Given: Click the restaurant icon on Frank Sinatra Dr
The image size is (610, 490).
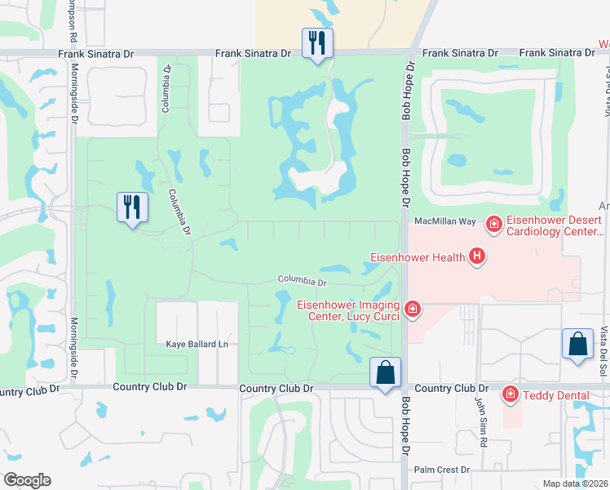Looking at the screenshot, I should [317, 42].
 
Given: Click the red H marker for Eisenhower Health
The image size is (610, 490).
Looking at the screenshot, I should [478, 256].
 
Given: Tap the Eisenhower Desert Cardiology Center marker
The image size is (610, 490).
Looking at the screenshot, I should [493, 223].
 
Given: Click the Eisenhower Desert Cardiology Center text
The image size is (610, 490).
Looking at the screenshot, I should [554, 226].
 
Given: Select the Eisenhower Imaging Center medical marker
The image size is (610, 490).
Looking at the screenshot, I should [413, 309].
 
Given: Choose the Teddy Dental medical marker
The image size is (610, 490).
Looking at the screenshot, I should [511, 394].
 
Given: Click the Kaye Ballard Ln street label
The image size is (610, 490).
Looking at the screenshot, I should [197, 345].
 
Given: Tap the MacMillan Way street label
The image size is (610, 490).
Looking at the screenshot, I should [444, 221].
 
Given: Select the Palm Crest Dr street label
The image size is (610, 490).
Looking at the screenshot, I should [442, 470].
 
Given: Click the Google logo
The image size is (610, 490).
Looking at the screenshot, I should [27, 480].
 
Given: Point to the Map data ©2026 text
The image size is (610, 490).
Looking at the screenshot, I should [574, 483].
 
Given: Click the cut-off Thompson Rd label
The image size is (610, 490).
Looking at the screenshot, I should [72, 18].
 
